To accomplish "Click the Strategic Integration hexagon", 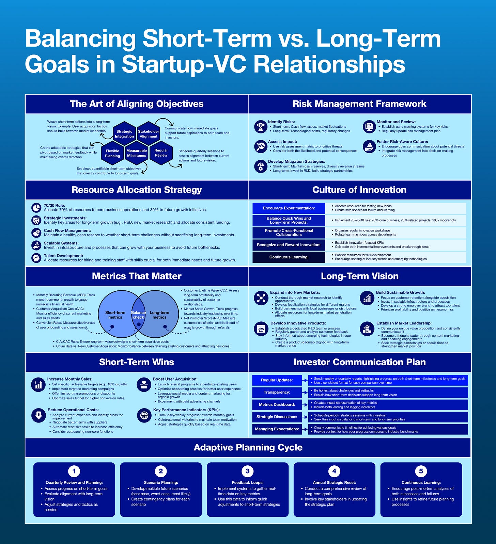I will coord(124,134).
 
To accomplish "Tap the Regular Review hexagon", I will coord(161,153).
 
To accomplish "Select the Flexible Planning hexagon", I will coord(112,154).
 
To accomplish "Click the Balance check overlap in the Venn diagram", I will coord(138,315).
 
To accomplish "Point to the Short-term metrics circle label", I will coord(115,315).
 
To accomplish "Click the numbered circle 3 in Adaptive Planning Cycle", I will coord(248,471).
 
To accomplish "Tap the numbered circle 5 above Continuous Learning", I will coord(421,471).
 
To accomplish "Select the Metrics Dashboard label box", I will coord(277,405).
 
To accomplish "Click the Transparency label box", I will coord(277,393).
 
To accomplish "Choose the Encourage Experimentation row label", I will coord(289,208).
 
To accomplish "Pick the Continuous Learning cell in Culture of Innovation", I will coord(289,257).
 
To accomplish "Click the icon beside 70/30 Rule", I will coord(36,208).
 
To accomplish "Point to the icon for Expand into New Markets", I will coord(261,298).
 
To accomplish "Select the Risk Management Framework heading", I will coord(359,104).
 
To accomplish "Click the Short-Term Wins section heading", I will coord(137,362).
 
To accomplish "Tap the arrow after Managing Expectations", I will coord(305,429).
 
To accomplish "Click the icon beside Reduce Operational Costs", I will coord(38,415).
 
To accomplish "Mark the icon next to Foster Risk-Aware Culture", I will coord(369,146).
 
